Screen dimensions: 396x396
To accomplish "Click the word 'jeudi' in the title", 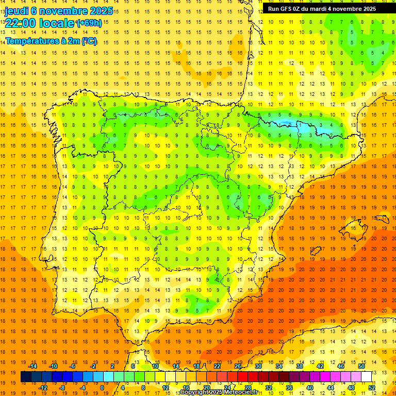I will pyautogui.click(x=16, y=11).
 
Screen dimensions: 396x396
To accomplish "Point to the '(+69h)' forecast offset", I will pyautogui.click(x=89, y=23).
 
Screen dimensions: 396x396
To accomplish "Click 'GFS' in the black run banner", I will pyautogui.click(x=287, y=9).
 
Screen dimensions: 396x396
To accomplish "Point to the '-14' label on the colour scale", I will pyautogui.click(x=33, y=366).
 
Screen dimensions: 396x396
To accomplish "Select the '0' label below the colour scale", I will pyautogui.click(x=103, y=388).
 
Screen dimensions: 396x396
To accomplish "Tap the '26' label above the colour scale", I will pyautogui.click(x=238, y=366).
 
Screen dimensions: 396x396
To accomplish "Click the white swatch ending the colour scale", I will pyautogui.click(x=367, y=377).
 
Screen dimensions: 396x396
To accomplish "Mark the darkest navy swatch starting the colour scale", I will pyautogui.click(x=26, y=377).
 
